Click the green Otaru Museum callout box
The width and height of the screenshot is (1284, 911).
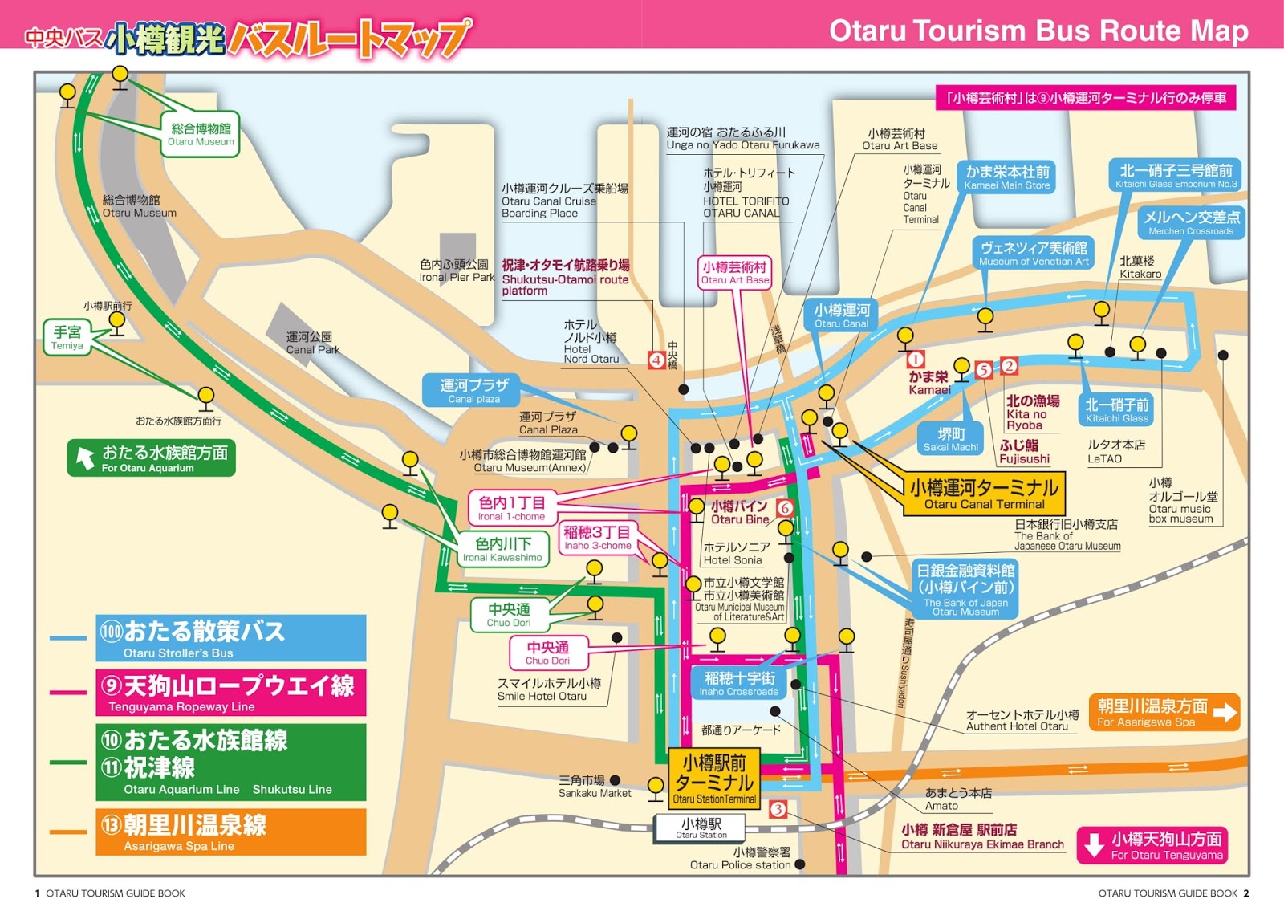201,134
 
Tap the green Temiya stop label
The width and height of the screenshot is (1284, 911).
67,337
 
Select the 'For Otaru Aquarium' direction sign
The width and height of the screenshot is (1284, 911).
151,458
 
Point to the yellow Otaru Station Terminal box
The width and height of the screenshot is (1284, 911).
714,778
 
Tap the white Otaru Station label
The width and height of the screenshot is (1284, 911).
701,828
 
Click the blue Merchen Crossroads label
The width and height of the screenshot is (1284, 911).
1191,222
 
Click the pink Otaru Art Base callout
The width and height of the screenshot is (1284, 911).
734,272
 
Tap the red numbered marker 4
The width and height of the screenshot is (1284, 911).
656,360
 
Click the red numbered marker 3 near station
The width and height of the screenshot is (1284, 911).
777,809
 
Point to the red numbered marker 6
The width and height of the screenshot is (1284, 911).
785,507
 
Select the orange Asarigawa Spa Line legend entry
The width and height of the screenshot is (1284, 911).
230,832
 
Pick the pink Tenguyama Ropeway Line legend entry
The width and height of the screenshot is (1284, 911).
230,692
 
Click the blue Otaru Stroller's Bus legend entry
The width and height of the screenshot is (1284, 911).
230,638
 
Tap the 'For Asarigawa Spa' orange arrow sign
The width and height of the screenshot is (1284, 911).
1164,712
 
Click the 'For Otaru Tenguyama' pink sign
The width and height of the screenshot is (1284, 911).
1152,845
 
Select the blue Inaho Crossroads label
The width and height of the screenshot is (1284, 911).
739,683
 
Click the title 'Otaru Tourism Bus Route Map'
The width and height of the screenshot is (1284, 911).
1038,31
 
